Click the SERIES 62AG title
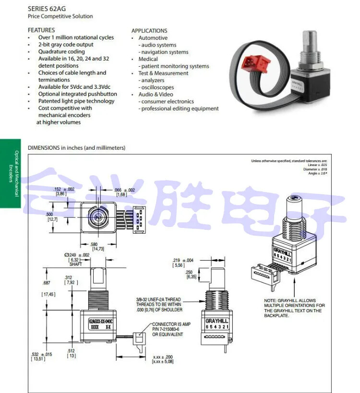(47, 8)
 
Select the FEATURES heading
(41, 30)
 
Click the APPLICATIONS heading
(149, 31)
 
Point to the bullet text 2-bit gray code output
(66, 45)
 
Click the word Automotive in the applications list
(153, 38)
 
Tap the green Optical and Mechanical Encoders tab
(11, 173)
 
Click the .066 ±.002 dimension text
(124, 191)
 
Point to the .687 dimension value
(47, 283)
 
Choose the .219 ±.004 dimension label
(183, 261)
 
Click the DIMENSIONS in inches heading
(77, 148)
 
